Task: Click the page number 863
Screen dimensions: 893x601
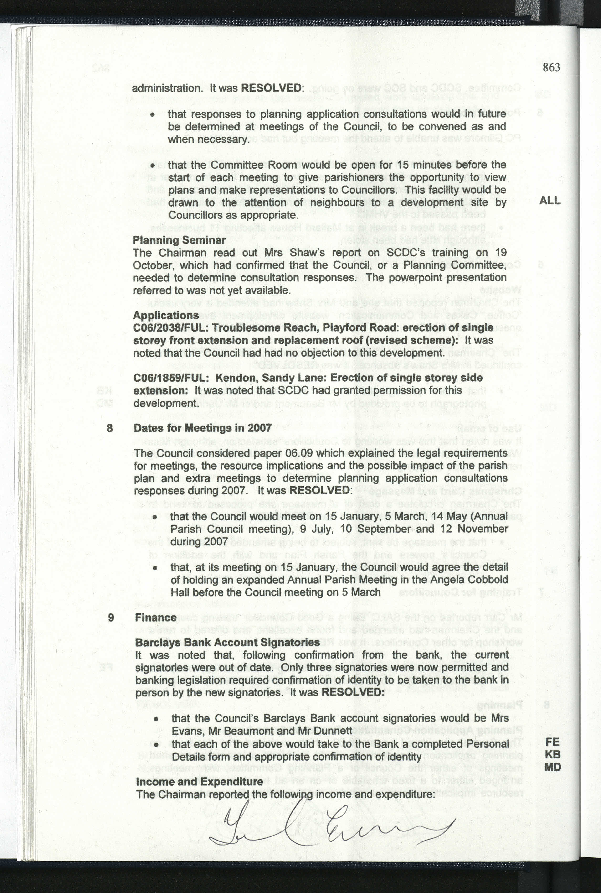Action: tap(551, 67)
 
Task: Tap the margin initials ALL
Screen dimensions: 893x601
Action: tap(550, 200)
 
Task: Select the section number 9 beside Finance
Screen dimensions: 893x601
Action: tap(111, 617)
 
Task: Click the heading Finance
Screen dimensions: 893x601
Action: tap(156, 617)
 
